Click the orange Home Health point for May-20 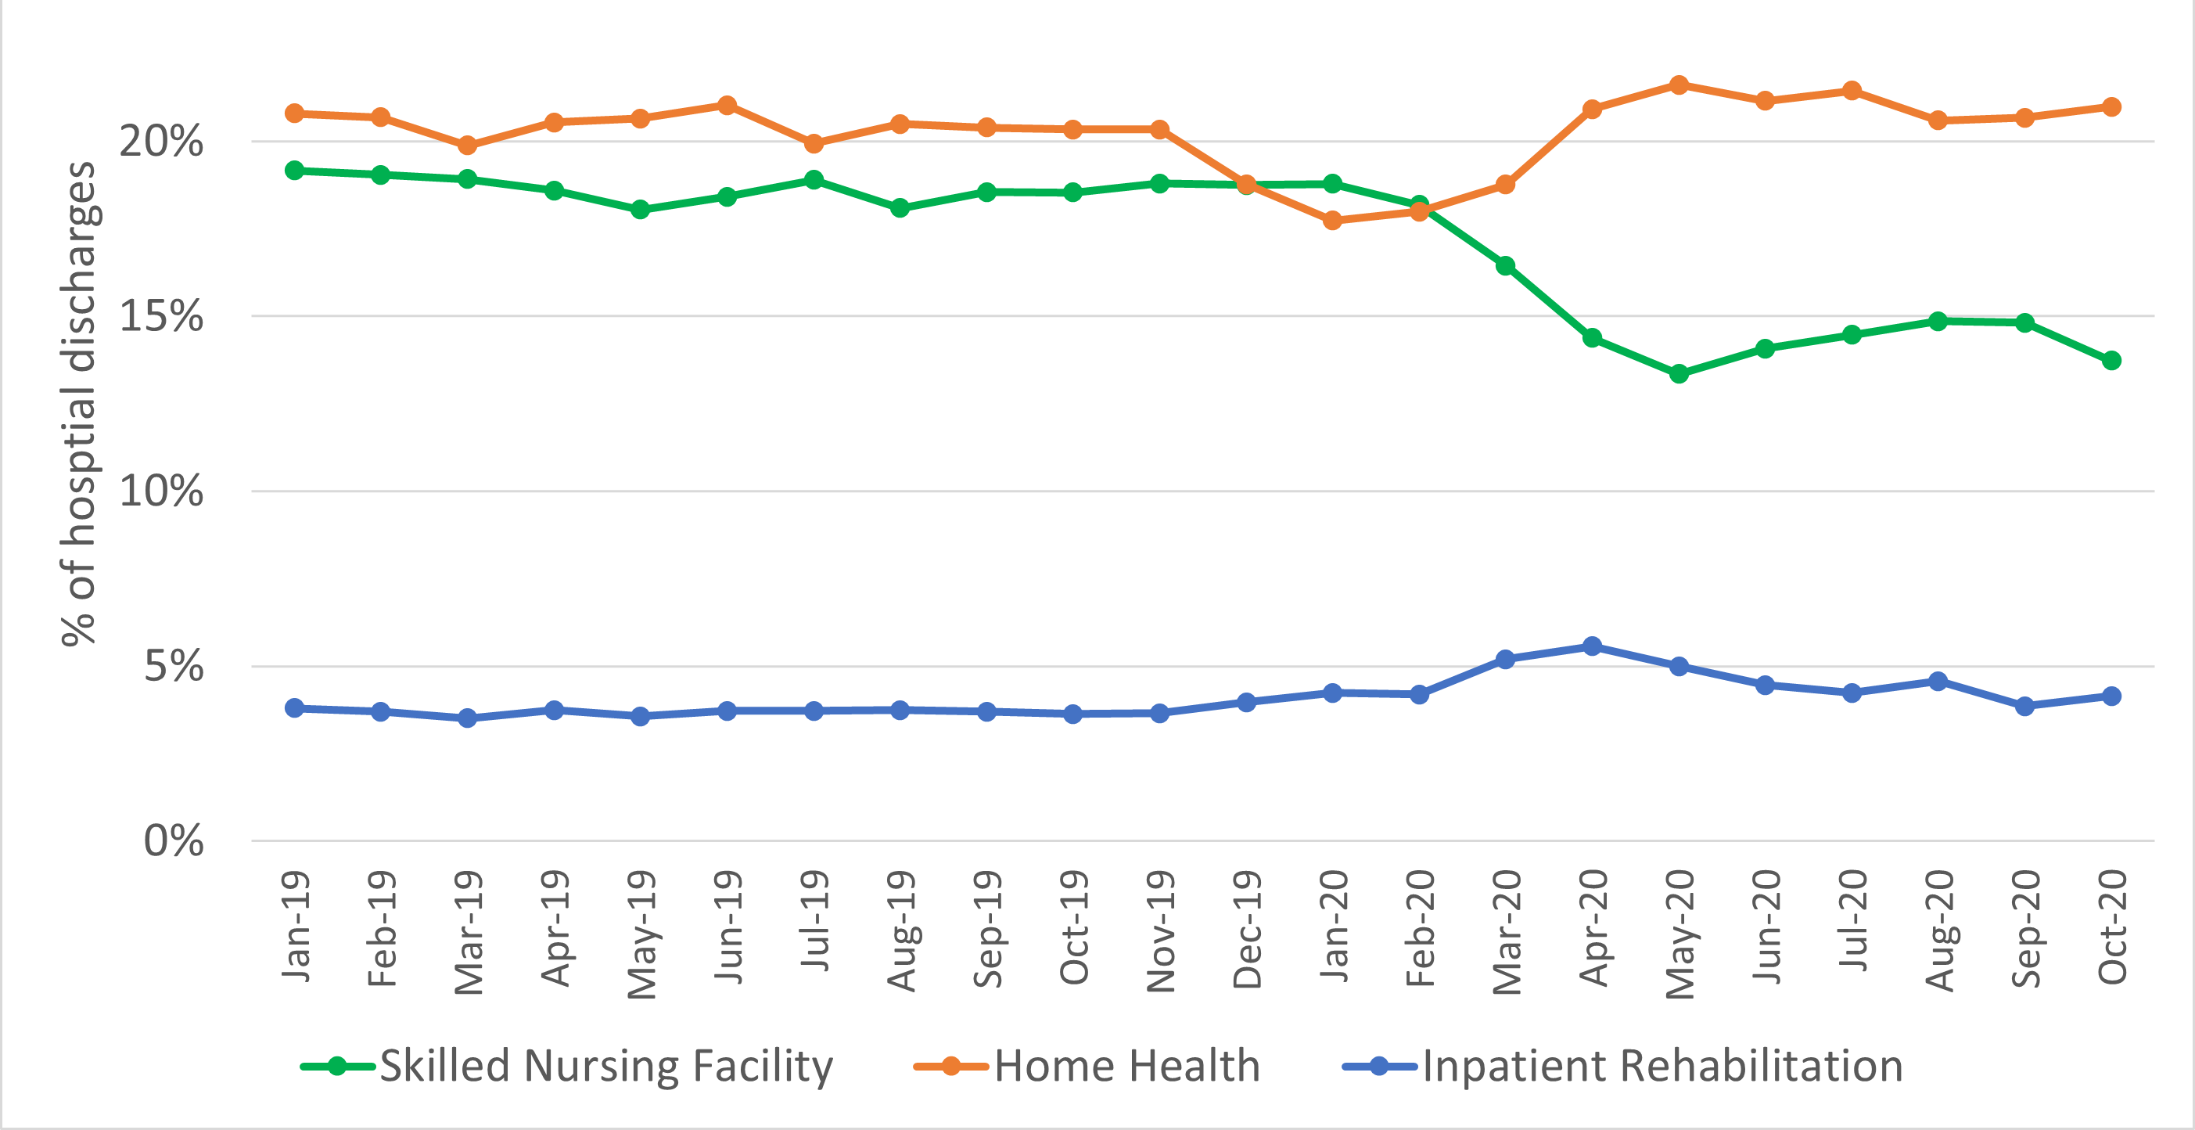[1679, 85]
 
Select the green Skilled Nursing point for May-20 [1679, 373]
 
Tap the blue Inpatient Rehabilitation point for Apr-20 [1592, 646]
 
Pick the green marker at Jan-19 [295, 171]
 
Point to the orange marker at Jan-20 [1333, 220]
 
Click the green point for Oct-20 [2111, 361]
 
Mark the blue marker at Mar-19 [467, 718]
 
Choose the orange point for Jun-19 [727, 106]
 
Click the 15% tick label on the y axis [161, 316]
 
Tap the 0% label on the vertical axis [173, 841]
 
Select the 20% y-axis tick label [161, 141]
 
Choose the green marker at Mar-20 [1505, 266]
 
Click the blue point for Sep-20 [2024, 706]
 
